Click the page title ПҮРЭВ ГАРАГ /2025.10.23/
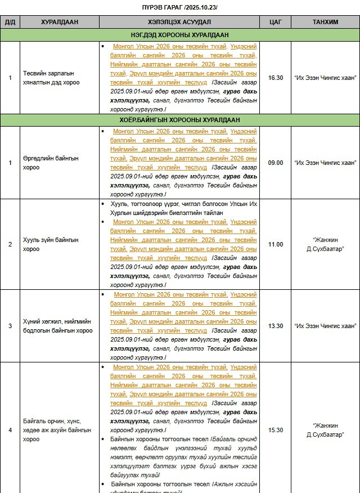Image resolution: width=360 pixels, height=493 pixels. (x=179, y=7)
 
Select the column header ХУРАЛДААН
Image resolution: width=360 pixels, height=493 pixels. (x=59, y=22)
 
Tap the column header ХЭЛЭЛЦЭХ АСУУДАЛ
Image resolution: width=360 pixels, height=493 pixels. (x=179, y=22)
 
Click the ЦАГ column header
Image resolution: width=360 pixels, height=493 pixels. (x=276, y=22)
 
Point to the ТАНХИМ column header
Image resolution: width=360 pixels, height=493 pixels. (x=325, y=22)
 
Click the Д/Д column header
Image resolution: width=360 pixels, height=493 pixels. (x=10, y=22)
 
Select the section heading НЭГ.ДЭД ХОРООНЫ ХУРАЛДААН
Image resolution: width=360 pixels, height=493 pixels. (x=179, y=35)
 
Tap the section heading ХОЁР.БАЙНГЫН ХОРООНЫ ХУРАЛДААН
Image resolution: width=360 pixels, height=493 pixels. (x=179, y=120)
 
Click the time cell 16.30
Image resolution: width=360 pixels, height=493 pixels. (x=276, y=78)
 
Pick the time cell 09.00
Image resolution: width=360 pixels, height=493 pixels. (x=276, y=163)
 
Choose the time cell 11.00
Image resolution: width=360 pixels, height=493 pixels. (x=276, y=244)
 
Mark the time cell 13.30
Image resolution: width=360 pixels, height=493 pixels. (x=276, y=326)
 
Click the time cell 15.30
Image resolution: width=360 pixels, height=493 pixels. (x=276, y=430)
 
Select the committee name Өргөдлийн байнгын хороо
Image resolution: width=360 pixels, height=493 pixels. (x=51, y=163)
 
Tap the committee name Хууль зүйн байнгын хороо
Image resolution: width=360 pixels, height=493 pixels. (x=51, y=244)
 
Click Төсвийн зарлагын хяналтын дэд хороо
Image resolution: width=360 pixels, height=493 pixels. (x=51, y=78)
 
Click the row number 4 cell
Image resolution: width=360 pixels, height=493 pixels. (x=10, y=430)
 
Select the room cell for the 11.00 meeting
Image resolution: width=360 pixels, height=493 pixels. (x=325, y=244)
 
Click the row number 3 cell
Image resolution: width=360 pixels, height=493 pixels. (x=10, y=326)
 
